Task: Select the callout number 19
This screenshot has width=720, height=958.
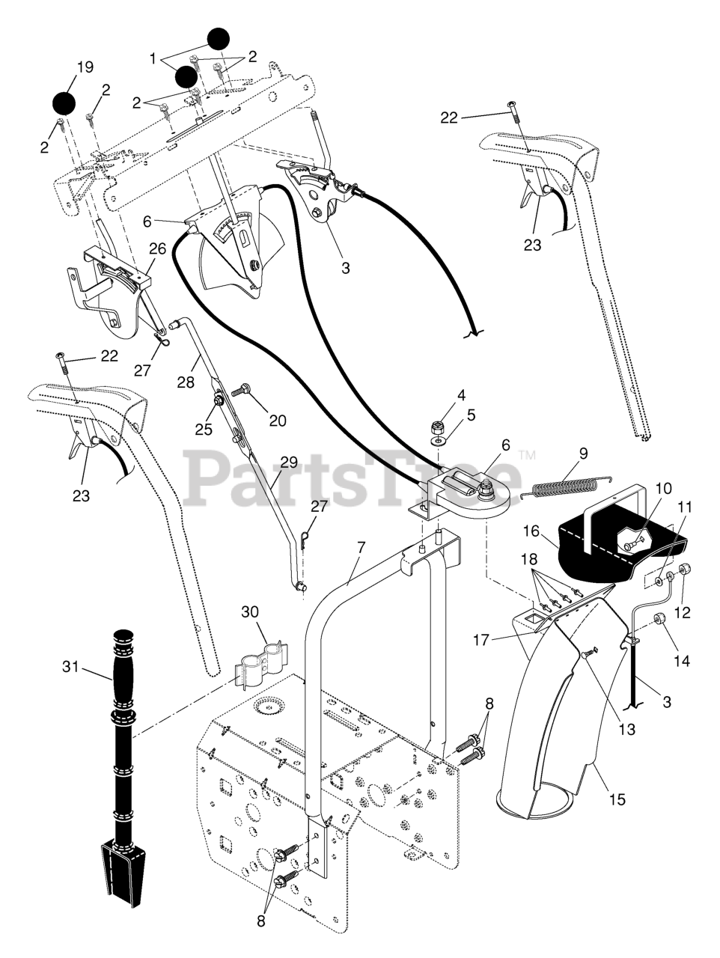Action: coord(85,67)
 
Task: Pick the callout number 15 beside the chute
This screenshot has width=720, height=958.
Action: coord(617,799)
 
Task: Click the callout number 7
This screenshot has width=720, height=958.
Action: coord(361,547)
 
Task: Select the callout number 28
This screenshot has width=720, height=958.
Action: coord(186,382)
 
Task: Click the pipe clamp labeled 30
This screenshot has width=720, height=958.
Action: coord(259,661)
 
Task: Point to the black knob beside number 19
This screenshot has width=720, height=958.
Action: coord(64,103)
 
